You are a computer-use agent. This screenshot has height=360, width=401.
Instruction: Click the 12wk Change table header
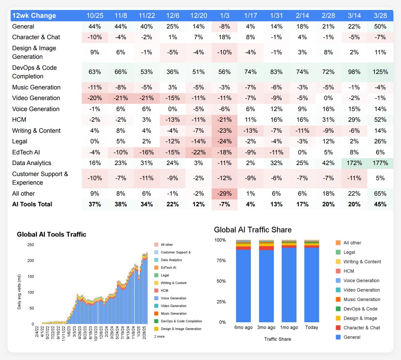34,15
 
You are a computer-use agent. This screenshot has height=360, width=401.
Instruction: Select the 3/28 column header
380,15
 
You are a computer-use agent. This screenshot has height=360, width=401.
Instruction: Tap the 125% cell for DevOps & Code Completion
380,72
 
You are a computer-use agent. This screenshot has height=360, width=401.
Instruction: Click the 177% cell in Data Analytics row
380,163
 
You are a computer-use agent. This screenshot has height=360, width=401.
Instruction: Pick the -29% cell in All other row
224,194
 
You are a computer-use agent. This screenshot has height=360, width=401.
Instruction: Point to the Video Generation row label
36,98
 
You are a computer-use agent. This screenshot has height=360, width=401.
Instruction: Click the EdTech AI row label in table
26,152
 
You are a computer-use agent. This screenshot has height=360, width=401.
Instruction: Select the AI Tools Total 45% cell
380,204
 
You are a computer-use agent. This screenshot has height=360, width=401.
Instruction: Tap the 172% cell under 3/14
354,163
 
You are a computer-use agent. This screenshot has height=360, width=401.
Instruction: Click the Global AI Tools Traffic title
52,234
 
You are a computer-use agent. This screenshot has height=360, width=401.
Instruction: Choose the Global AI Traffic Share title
253,230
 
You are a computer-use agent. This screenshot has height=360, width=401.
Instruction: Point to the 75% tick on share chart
221,261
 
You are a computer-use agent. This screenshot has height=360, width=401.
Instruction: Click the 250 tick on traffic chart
31,245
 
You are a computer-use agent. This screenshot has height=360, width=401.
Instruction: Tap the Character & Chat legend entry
361,328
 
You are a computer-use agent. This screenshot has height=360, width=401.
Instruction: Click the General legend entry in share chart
352,337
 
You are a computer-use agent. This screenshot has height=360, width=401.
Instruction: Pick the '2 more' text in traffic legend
159,336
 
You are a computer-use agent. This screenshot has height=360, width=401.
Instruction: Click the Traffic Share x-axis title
277,339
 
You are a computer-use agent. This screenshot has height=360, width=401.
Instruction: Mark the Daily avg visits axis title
19,292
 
